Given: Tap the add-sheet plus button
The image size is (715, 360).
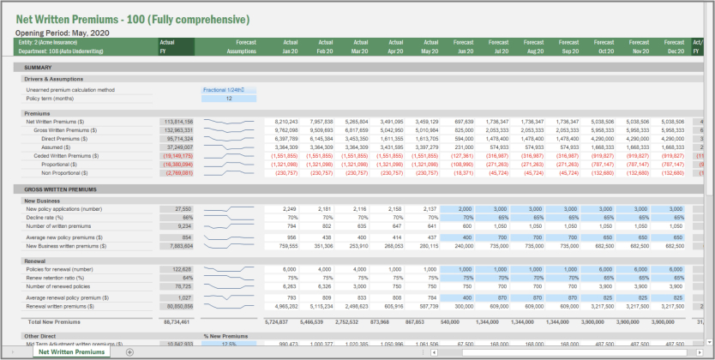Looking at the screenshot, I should (x=129, y=352).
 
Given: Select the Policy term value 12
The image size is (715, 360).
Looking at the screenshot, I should (x=229, y=99).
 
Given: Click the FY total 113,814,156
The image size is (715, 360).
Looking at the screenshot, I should (x=177, y=122).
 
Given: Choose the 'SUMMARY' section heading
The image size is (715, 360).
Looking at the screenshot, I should (x=38, y=67).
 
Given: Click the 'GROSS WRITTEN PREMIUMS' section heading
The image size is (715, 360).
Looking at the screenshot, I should (x=60, y=189).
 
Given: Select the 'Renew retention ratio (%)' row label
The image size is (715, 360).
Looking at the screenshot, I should (x=55, y=278).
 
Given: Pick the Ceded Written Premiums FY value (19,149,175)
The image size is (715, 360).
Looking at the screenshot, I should (x=177, y=155).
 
